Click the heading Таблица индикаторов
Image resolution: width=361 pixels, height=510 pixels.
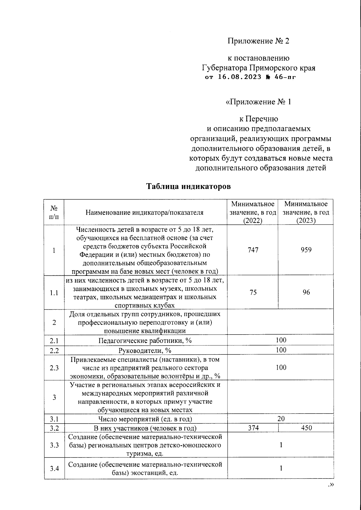click(188, 187)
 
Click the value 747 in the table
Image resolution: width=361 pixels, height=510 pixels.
click(253, 250)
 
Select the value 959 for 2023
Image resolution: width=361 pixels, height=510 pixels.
click(306, 250)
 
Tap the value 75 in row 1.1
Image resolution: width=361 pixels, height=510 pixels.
click(253, 292)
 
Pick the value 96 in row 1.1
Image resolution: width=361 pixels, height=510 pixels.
click(306, 292)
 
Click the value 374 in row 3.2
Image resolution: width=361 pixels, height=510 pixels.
click(253, 428)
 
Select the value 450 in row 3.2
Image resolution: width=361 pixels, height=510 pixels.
click(306, 428)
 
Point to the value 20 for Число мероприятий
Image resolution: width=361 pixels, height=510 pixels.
click(281, 419)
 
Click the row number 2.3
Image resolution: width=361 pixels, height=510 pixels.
click(54, 368)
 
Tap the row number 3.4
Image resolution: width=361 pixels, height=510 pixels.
click(54, 469)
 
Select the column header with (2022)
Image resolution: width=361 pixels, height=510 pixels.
click(253, 212)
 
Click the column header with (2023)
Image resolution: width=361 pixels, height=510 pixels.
click(306, 212)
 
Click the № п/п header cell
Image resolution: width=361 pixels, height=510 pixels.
click(54, 212)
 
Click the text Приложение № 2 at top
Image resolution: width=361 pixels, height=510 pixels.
click(258, 41)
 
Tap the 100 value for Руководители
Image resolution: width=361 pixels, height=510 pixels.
click(281, 350)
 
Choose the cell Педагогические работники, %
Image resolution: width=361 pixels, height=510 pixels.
click(145, 341)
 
